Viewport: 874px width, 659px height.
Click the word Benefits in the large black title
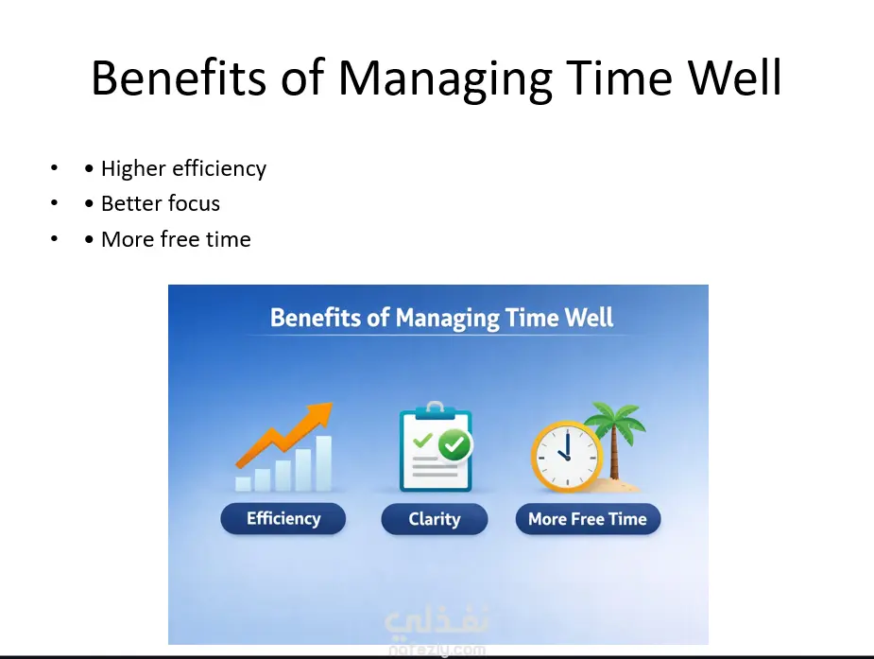point(179,78)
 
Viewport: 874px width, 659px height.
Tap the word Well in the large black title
point(735,78)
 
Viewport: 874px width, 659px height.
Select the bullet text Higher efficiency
point(183,168)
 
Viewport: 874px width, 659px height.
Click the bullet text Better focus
point(161,203)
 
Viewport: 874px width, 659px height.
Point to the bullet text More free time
point(176,239)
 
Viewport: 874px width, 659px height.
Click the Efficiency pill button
point(283,518)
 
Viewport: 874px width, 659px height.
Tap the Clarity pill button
point(435,519)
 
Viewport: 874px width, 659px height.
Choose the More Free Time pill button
point(588,519)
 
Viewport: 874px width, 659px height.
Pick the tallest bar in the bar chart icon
point(324,463)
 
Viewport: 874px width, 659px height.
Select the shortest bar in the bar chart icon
point(243,484)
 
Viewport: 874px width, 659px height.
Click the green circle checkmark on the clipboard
point(454,445)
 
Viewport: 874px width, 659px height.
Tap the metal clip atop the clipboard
point(435,408)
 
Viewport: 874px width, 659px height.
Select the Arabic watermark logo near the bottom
point(437,622)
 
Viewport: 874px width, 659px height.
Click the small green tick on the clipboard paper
point(422,440)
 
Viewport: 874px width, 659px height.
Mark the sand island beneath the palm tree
point(615,485)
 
